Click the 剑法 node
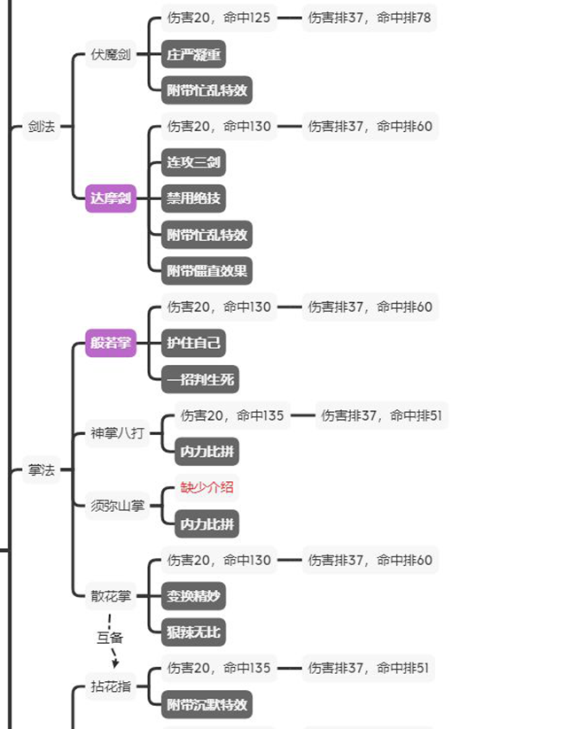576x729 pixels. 41,127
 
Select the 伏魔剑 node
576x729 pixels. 111,55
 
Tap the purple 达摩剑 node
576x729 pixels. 111,198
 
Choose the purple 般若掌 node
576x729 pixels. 111,343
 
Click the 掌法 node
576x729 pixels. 41,469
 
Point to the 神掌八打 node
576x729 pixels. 117,433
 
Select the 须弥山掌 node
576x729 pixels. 117,506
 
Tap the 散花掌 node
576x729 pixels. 111,595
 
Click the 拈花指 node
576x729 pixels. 111,686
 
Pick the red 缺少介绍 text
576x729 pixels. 207,487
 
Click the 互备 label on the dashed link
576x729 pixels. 109,636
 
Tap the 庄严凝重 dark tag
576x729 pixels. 193,55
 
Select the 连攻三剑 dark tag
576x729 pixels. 193,162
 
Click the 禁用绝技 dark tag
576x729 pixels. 193,198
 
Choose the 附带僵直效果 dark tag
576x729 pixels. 207,270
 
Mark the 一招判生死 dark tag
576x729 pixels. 200,379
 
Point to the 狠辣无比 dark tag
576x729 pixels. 193,632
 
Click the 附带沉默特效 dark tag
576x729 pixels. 207,704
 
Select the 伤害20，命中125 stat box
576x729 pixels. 219,18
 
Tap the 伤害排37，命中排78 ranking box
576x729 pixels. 370,18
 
